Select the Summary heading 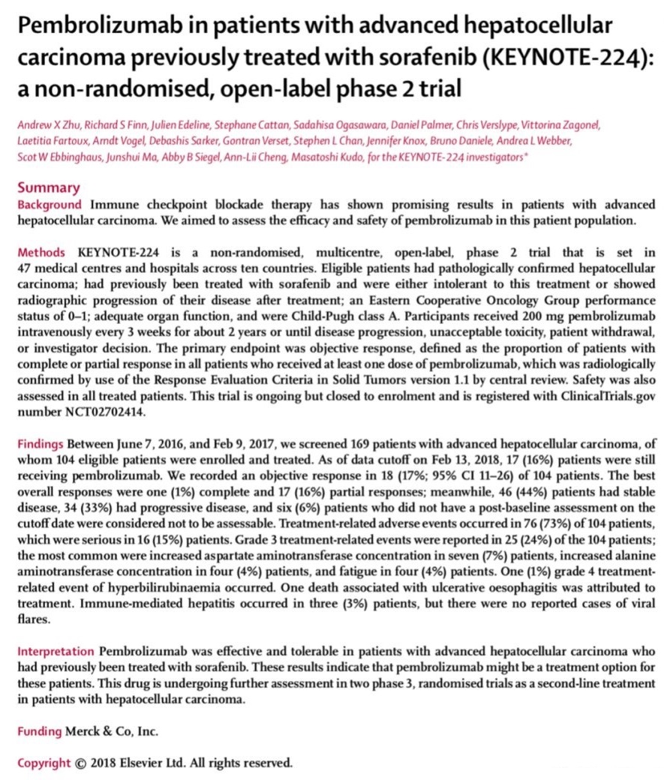point(49,187)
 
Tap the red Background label point(50,204)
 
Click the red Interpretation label point(56,649)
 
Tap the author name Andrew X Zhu point(50,123)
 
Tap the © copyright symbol point(80,763)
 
